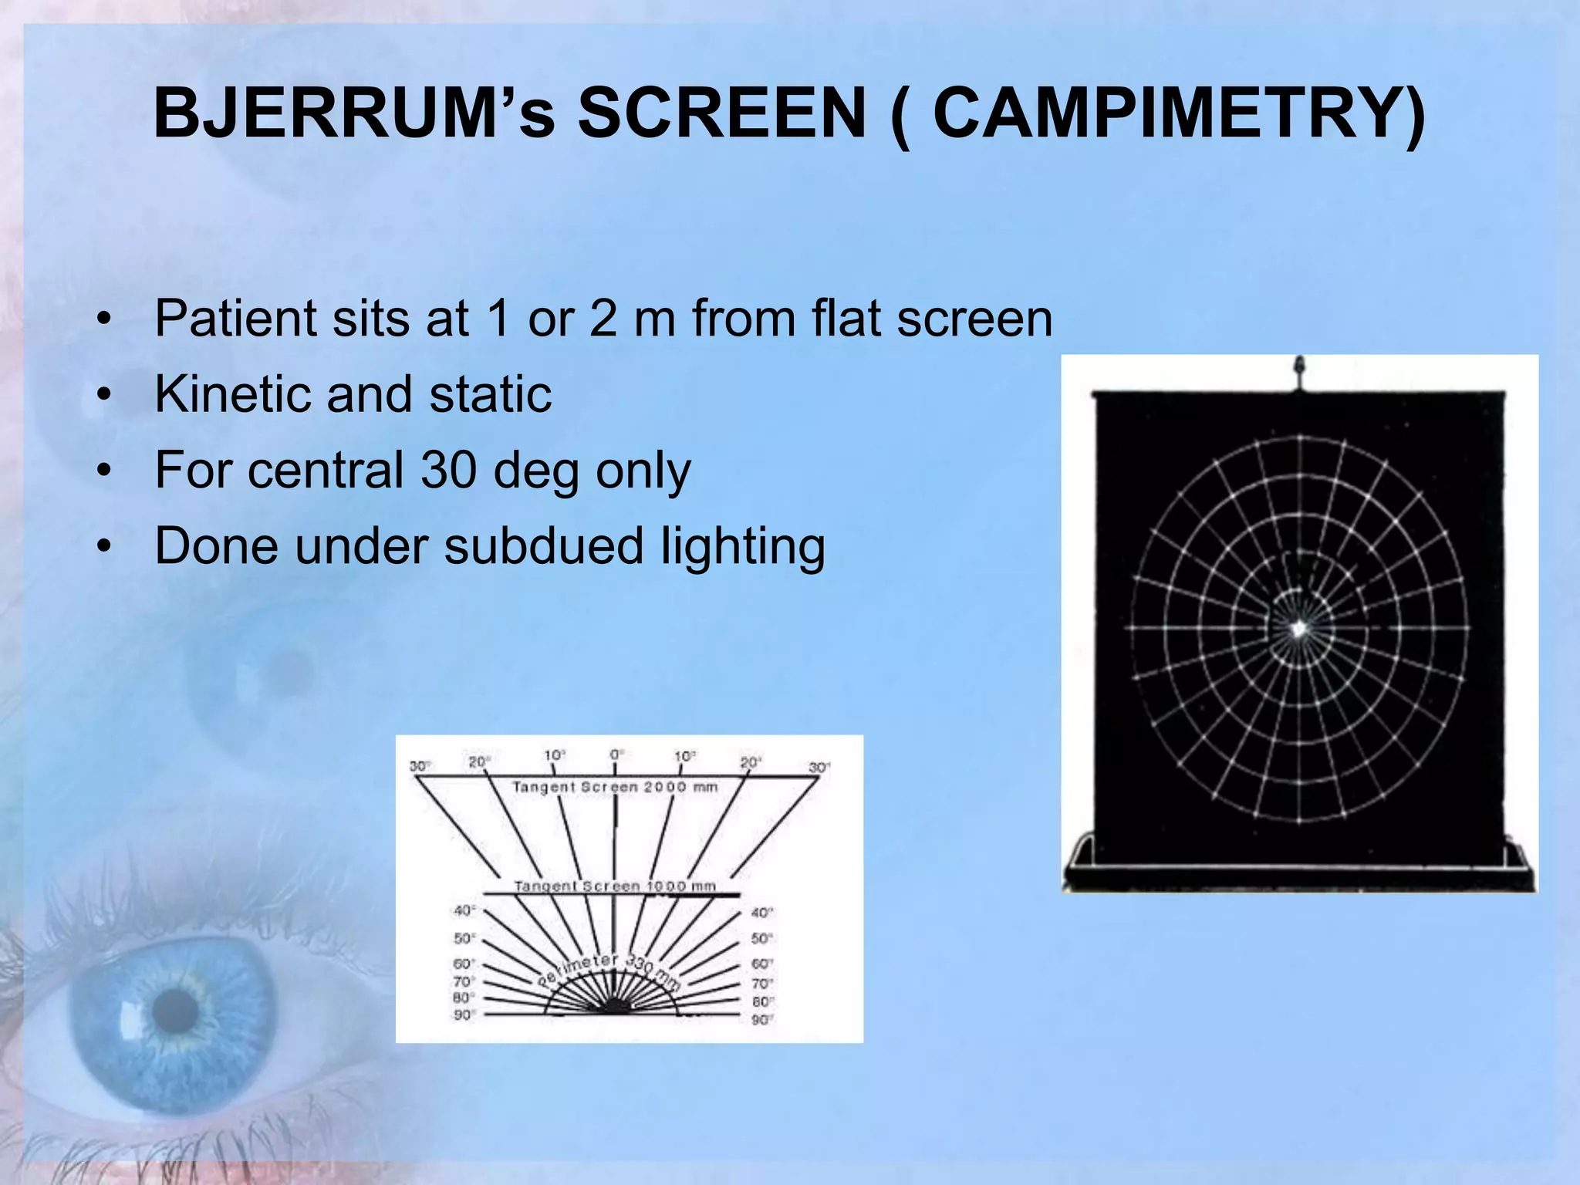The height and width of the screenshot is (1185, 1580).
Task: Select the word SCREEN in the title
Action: tap(722, 113)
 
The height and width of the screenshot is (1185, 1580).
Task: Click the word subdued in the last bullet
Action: tap(543, 545)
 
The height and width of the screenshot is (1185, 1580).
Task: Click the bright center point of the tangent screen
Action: tap(1298, 629)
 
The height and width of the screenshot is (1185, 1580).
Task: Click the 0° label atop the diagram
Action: tap(616, 754)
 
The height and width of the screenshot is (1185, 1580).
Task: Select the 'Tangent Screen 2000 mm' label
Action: tap(615, 787)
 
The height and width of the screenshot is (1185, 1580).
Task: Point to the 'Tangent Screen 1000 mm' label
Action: tap(615, 886)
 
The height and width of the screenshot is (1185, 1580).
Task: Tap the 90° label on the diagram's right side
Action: tap(761, 1020)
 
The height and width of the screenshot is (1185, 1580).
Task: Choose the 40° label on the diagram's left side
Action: tap(464, 911)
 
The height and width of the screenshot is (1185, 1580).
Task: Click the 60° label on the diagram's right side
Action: tap(761, 964)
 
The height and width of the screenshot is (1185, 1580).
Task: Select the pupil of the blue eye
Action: tap(176, 1011)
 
